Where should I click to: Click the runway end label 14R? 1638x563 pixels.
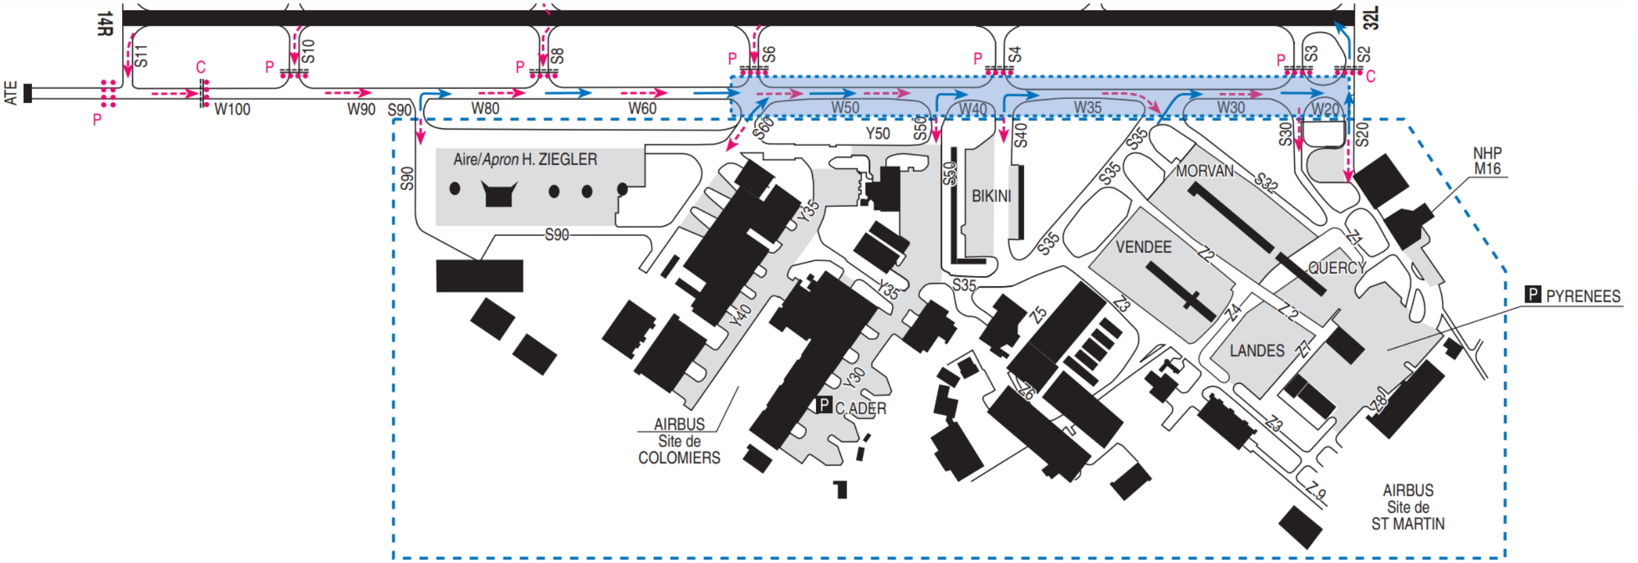(x=104, y=24)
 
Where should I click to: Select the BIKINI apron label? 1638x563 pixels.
(x=991, y=197)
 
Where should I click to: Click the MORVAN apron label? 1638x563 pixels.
(x=1205, y=171)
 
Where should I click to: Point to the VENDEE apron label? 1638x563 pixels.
(x=1144, y=248)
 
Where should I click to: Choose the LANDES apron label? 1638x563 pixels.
(x=1257, y=351)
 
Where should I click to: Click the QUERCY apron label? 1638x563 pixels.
(x=1336, y=268)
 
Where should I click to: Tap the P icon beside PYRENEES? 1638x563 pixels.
(x=1532, y=294)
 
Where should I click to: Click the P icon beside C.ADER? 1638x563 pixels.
(x=824, y=405)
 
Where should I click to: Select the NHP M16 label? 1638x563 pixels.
(x=1487, y=161)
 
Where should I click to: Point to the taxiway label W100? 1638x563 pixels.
(x=232, y=109)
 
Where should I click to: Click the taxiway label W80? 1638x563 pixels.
(x=485, y=109)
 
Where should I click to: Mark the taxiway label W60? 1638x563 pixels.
(x=642, y=109)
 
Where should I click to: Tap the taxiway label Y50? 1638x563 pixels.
(x=878, y=134)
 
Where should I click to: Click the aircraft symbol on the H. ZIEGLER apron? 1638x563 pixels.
(x=499, y=194)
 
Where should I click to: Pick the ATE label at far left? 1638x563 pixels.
(x=11, y=93)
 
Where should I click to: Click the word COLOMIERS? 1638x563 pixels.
(x=679, y=458)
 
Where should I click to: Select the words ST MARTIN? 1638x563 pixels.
(x=1407, y=524)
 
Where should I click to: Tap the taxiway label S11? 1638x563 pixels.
(x=140, y=56)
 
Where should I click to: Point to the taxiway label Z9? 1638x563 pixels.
(x=1315, y=490)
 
